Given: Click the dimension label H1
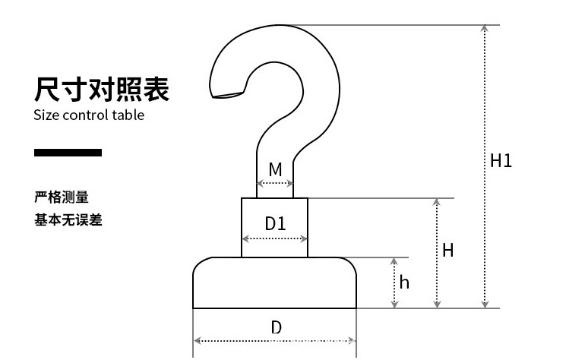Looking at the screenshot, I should pyautogui.click(x=501, y=161).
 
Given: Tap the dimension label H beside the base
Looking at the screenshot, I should pyautogui.click(x=448, y=250).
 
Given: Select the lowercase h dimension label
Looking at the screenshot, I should pyautogui.click(x=404, y=283).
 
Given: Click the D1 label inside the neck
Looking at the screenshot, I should pyautogui.click(x=275, y=224).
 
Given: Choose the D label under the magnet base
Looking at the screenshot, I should pyautogui.click(x=277, y=327).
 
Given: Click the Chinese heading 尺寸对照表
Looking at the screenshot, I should pyautogui.click(x=102, y=89).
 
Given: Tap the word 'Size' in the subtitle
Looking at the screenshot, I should pyautogui.click(x=46, y=115).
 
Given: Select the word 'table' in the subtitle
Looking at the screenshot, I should pyautogui.click(x=128, y=115).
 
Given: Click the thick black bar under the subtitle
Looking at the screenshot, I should pyautogui.click(x=68, y=153).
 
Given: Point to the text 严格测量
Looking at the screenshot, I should pyautogui.click(x=62, y=197).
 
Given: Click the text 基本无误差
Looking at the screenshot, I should pyautogui.click(x=68, y=220).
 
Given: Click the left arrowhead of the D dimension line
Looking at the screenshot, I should pyautogui.click(x=197, y=340).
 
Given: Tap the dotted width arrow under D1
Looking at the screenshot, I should pyautogui.click(x=275, y=238).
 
